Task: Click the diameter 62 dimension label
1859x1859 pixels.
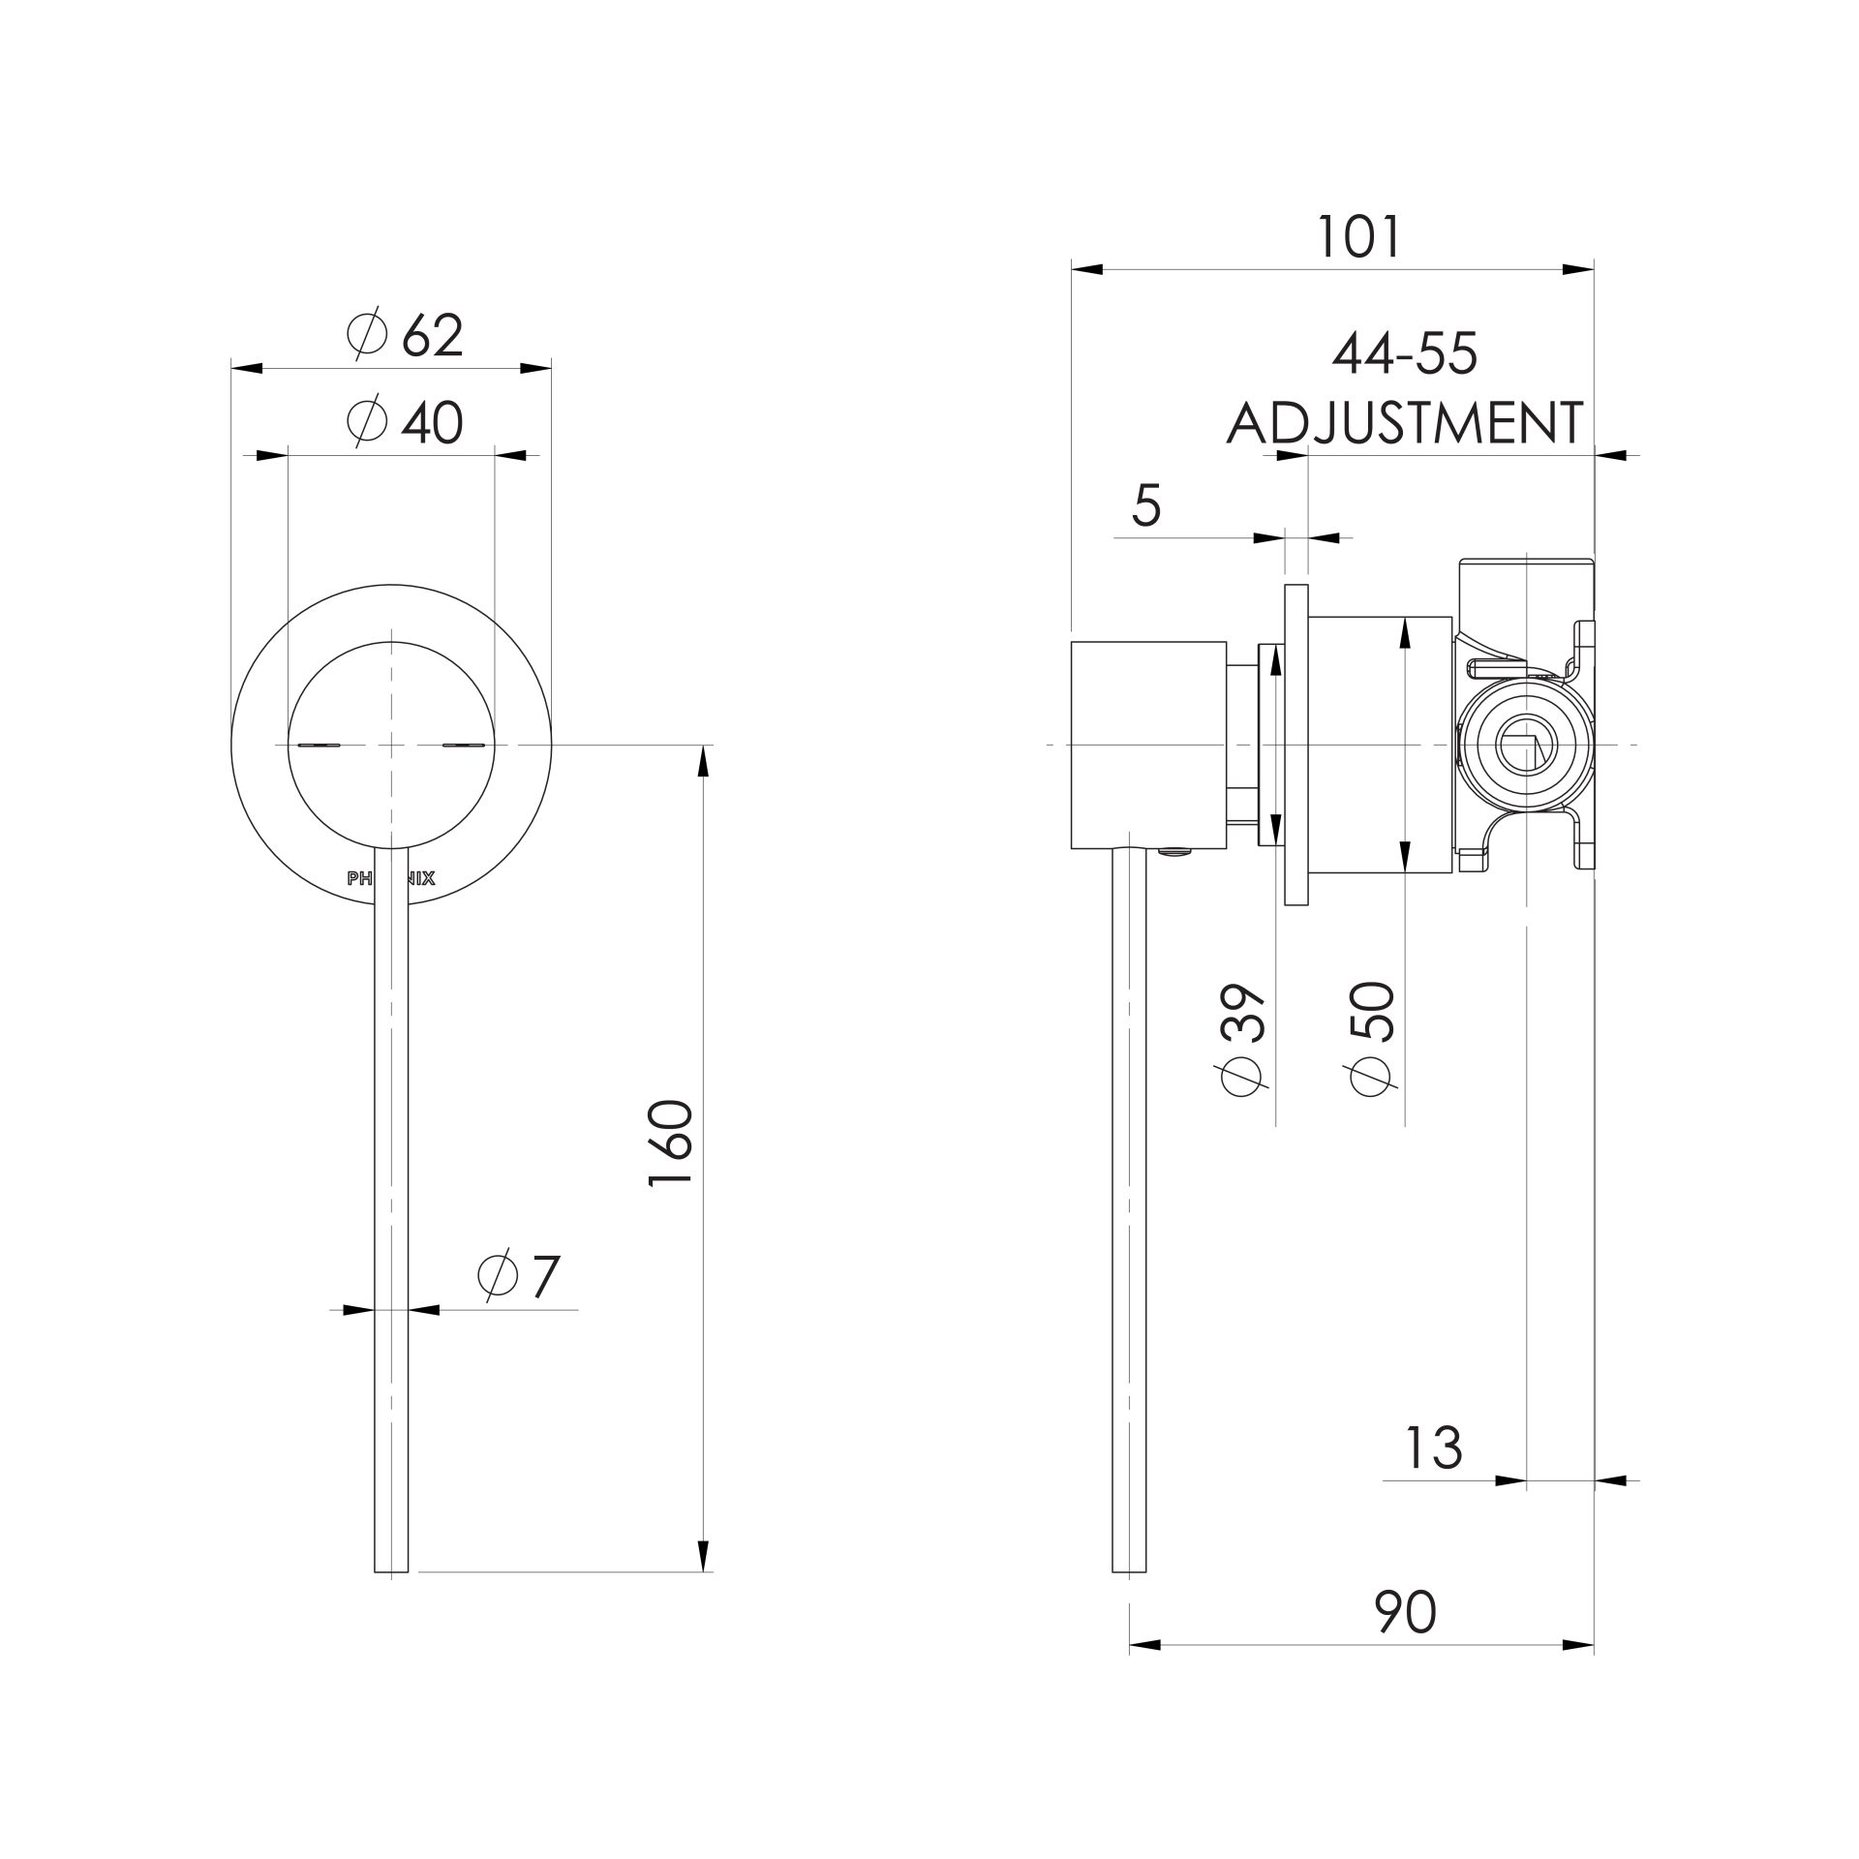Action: (x=407, y=336)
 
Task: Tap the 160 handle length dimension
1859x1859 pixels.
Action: (x=670, y=1143)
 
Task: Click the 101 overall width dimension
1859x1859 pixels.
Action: (x=1359, y=237)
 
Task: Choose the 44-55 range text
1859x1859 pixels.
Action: (x=1405, y=354)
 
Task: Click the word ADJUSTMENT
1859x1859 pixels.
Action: (x=1405, y=423)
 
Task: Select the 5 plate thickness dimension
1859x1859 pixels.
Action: (x=1145, y=506)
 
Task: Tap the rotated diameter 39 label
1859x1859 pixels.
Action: (x=1244, y=1040)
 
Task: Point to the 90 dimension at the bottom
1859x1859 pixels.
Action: (x=1405, y=1612)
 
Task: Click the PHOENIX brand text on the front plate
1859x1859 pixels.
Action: (x=391, y=879)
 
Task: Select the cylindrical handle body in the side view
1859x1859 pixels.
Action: (x=1148, y=745)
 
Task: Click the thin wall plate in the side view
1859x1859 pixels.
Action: (x=1295, y=745)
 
